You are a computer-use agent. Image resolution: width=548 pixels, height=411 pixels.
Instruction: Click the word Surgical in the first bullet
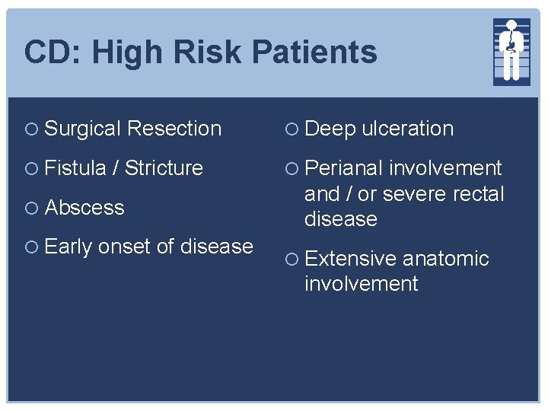83,129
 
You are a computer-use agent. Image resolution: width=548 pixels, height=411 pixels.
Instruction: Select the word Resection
174,129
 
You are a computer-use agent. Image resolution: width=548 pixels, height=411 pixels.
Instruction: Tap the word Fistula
75,168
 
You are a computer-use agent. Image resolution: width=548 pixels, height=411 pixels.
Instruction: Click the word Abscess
84,208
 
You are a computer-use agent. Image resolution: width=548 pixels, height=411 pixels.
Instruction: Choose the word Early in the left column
68,247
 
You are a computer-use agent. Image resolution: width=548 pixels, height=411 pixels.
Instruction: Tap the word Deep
330,129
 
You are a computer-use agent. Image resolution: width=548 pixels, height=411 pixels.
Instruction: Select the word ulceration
407,129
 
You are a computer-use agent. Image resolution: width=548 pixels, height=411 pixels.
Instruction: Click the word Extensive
350,259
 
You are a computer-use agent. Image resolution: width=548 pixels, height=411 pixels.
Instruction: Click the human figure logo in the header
511,50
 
